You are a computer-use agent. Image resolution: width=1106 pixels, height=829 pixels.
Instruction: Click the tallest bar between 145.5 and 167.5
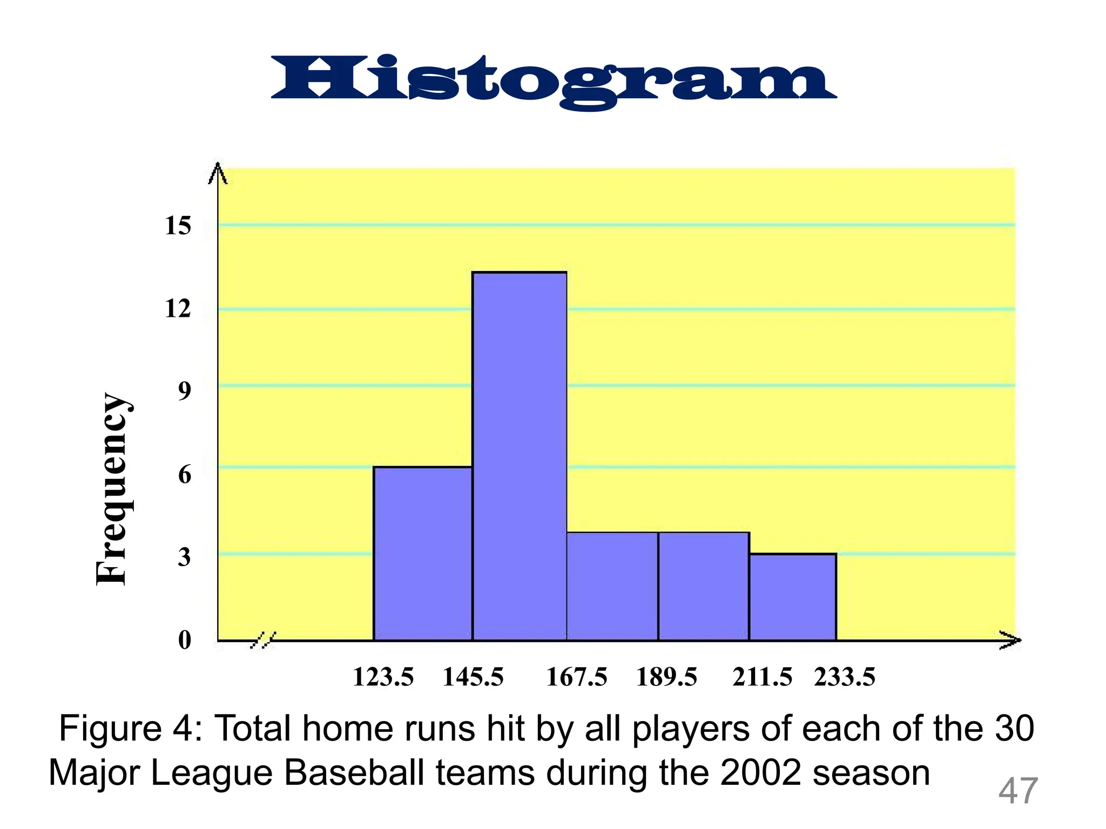click(x=520, y=456)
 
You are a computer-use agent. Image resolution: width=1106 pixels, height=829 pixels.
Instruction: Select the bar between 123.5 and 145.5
click(x=423, y=553)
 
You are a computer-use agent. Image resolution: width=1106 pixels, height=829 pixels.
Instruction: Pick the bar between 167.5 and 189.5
click(x=612, y=586)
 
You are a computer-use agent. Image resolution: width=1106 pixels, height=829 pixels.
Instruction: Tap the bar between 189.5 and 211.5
click(x=704, y=586)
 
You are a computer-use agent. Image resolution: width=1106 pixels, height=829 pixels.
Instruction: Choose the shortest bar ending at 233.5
click(x=793, y=597)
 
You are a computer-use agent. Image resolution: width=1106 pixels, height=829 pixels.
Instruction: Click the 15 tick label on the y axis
click(x=178, y=226)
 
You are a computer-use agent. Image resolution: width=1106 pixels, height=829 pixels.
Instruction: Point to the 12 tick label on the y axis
click(x=178, y=309)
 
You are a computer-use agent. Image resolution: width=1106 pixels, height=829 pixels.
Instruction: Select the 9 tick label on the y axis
click(x=185, y=391)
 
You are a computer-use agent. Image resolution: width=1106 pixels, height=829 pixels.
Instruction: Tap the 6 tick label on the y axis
click(x=185, y=475)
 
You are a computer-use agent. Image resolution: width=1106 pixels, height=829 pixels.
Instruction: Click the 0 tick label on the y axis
click(x=185, y=640)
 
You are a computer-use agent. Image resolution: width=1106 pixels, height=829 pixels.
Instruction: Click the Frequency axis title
click(x=112, y=489)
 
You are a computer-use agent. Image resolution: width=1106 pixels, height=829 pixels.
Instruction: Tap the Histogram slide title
click(x=553, y=81)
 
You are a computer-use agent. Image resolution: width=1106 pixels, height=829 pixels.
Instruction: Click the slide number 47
click(x=1018, y=791)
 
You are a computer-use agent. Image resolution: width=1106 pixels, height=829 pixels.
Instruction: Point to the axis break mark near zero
click(x=264, y=640)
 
